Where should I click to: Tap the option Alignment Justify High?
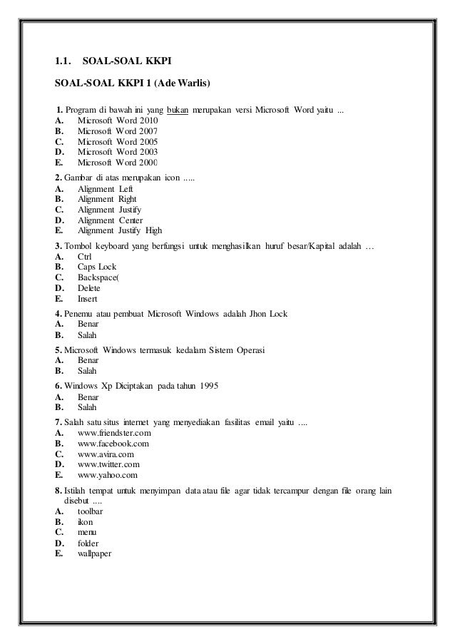pos(119,230)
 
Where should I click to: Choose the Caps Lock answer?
pos(97,266)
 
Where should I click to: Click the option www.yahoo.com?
pos(108,474)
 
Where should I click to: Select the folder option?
pos(89,543)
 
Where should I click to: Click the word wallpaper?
pos(94,553)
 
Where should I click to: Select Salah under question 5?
pos(87,371)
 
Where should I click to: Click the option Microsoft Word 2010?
pos(117,122)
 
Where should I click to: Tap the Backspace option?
pos(98,277)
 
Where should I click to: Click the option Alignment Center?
pos(110,220)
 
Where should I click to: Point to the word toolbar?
pos(91,512)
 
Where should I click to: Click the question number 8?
pos(58,492)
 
